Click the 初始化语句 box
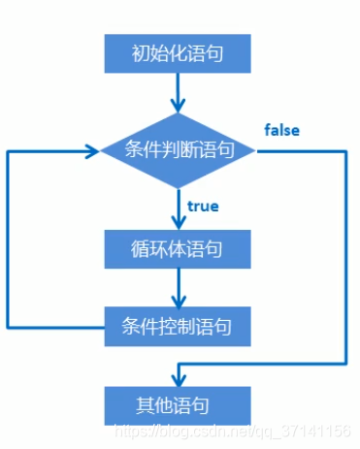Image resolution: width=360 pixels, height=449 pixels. (x=178, y=53)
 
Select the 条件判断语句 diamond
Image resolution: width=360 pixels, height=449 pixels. (x=178, y=150)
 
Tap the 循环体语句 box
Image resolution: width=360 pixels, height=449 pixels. (x=178, y=248)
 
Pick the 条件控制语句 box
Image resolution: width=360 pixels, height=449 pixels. (x=178, y=325)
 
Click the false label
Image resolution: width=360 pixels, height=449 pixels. (x=281, y=130)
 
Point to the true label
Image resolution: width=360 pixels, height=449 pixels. (x=203, y=206)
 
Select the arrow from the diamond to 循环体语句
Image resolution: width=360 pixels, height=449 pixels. (x=178, y=207)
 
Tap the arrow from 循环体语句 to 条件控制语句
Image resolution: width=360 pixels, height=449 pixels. (x=178, y=286)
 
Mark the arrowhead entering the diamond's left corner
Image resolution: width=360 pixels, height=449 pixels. (x=94, y=150)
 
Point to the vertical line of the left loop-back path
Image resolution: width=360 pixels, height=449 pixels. (x=9, y=238)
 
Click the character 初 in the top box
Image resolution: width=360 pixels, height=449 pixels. (x=140, y=53)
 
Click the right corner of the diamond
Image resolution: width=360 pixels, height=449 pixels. (x=255, y=150)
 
